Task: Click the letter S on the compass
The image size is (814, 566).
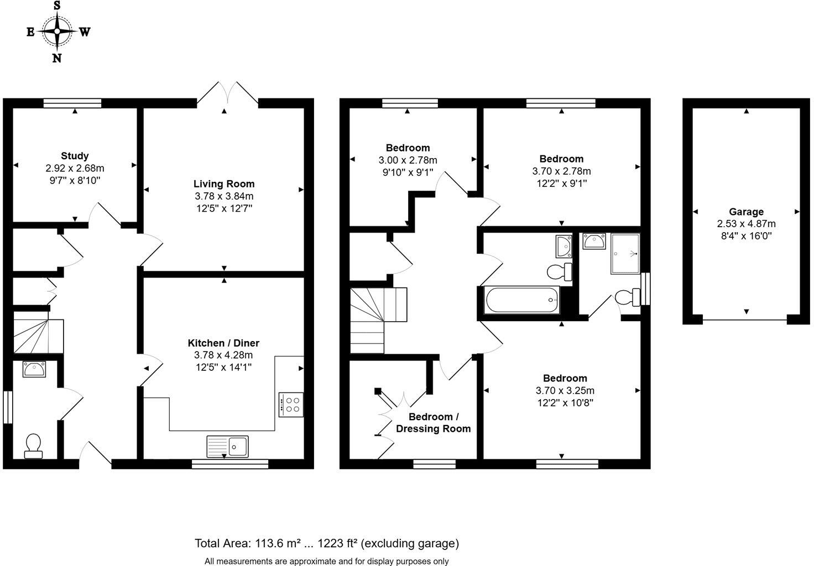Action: tap(57, 6)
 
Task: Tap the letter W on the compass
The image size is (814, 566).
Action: tap(85, 32)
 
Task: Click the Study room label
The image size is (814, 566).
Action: tap(75, 156)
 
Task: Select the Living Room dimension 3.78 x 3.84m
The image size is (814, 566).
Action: tap(224, 196)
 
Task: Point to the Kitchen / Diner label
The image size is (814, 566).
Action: tap(223, 343)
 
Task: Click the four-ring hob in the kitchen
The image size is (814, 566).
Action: tap(291, 405)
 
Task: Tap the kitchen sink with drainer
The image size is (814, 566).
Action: tap(227, 447)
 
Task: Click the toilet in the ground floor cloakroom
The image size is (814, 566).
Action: tap(33, 446)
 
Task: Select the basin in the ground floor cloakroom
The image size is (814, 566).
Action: tap(34, 369)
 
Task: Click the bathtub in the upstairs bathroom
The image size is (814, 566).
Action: tap(522, 300)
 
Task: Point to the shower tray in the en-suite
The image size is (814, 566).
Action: tap(625, 254)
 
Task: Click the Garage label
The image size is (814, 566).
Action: tap(746, 212)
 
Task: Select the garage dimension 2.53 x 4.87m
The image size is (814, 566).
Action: tap(746, 224)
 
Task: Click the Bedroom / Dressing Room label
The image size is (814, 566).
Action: tap(433, 422)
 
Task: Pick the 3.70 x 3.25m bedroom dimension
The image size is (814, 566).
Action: tap(565, 391)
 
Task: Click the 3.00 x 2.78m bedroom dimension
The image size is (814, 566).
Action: tap(408, 160)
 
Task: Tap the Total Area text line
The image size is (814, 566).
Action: tap(327, 543)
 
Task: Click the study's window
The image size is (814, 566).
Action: tap(72, 103)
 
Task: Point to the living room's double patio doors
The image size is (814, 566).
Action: tap(227, 95)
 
